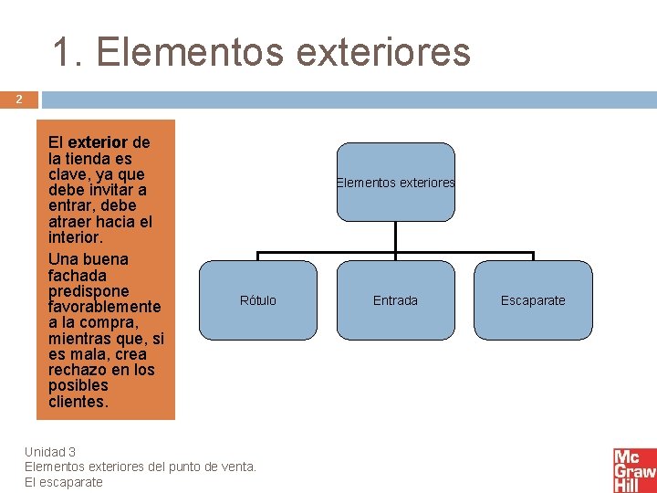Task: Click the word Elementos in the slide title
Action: pos(185,52)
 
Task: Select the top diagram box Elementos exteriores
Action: pos(395,182)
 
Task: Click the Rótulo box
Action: pos(257,300)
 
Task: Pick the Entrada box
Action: pos(395,300)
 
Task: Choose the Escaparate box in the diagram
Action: pos(533,300)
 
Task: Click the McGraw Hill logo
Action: pos(634,470)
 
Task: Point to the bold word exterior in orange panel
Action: pos(98,143)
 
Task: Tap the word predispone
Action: pos(89,291)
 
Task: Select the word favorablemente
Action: pos(104,307)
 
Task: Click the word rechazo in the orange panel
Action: pos(78,370)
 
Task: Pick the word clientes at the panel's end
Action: pos(78,402)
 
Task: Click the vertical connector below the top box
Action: pos(395,236)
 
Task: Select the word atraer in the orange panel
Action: pos(72,222)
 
